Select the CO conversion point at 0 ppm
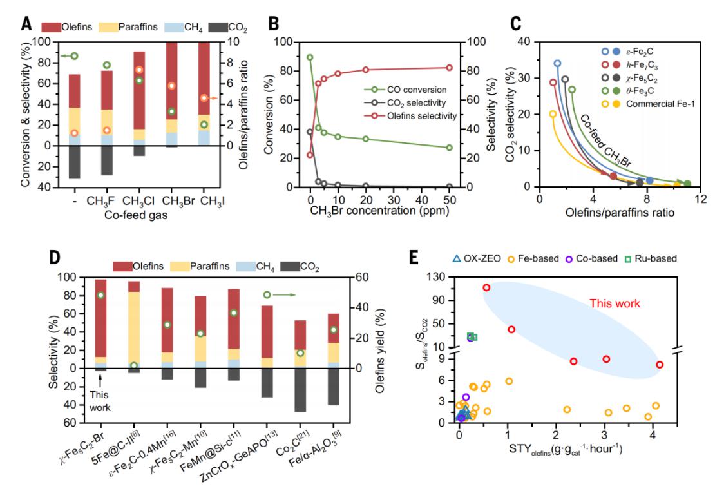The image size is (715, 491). tap(310, 57)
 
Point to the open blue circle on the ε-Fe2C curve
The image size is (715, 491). tap(557, 63)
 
